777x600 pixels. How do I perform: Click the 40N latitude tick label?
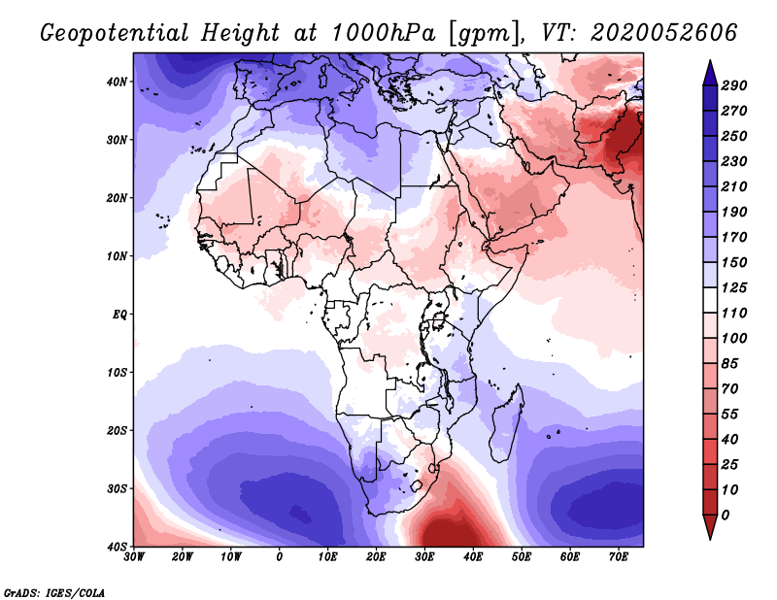click(117, 82)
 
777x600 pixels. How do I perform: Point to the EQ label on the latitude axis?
click(119, 315)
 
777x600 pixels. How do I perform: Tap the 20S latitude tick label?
click(117, 430)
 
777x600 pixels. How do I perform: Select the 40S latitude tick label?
click(117, 547)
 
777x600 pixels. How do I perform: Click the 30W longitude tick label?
click(134, 557)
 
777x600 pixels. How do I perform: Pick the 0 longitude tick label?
click(280, 557)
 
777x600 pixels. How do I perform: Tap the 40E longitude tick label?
click(473, 557)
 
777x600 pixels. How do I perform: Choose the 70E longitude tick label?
click(619, 557)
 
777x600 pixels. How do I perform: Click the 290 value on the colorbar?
click(734, 85)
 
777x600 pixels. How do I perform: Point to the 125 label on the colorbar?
click(734, 287)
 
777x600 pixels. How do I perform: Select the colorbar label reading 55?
click(729, 415)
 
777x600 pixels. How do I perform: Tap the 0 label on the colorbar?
click(726, 516)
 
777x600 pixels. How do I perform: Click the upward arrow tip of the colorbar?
click(710, 61)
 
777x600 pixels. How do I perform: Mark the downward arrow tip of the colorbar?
click(710, 539)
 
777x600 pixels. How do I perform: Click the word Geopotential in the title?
click(115, 33)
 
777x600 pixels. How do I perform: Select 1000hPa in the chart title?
click(384, 33)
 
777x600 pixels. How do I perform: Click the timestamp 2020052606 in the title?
click(664, 33)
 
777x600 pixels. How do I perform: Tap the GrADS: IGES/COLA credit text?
click(54, 593)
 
